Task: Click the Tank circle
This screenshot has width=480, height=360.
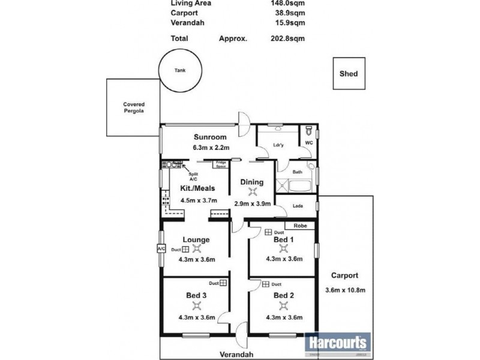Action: tap(179, 70)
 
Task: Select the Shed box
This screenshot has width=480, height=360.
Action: tap(348, 74)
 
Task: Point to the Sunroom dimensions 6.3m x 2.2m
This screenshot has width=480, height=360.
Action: tap(211, 147)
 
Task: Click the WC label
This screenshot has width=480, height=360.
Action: tap(308, 143)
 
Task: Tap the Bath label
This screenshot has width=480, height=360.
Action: tap(297, 172)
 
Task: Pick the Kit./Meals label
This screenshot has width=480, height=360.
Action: tap(198, 188)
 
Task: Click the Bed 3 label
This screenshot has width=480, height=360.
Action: tap(197, 295)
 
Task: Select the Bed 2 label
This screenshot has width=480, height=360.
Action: tap(283, 295)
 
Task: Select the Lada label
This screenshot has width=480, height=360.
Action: tap(297, 206)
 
